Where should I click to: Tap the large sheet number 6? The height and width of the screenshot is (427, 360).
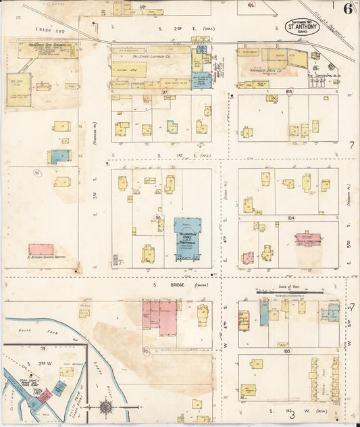(346, 9)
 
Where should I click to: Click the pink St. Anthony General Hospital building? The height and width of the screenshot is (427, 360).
(41, 249)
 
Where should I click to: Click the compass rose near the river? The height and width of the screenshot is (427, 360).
(107, 408)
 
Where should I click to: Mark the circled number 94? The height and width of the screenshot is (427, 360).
(37, 173)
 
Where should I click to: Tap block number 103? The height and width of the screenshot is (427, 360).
(287, 352)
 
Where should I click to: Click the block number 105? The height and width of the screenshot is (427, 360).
(290, 91)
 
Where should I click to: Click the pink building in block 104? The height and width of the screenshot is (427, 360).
(307, 240)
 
